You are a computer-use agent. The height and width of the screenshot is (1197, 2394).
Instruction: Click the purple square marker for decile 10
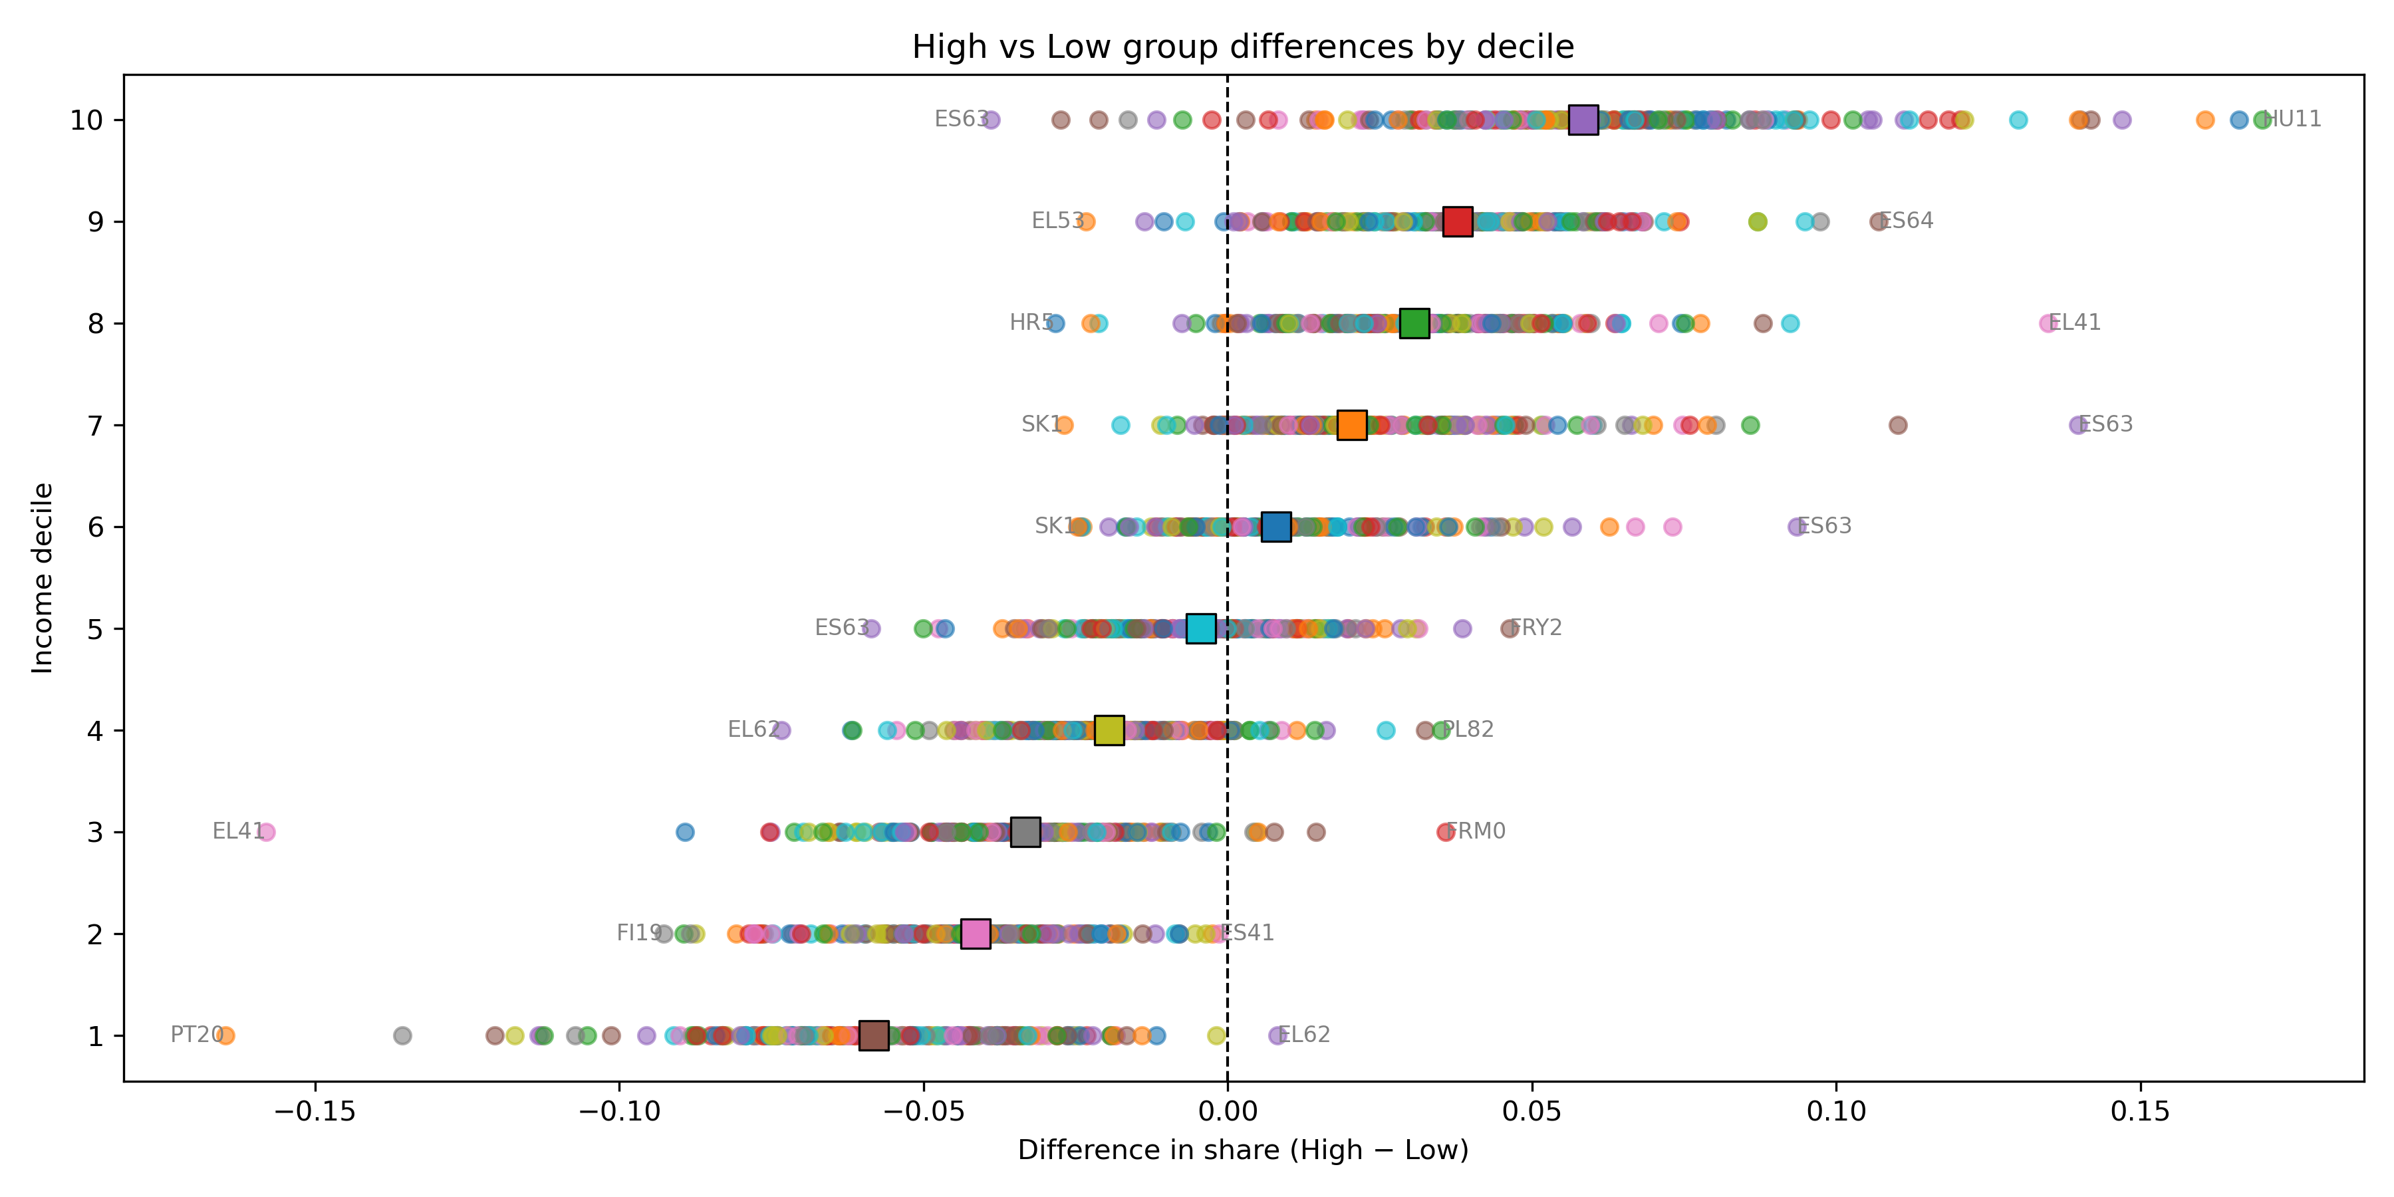1583,120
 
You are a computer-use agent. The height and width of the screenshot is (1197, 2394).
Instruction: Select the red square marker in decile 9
1457,221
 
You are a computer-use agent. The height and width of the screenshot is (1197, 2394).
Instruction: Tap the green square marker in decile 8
1414,323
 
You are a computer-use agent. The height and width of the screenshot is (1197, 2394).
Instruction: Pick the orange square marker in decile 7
1351,425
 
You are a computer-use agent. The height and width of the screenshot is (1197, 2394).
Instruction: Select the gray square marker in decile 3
1024,832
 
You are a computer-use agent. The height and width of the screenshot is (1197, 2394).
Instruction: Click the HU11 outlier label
2294,119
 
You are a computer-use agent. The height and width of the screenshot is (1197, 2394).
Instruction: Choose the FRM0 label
1478,831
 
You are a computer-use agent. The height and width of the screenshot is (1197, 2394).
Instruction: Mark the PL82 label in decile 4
1469,730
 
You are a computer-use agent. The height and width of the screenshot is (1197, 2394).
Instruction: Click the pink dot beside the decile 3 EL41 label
266,832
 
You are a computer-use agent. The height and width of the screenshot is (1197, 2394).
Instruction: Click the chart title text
1242,47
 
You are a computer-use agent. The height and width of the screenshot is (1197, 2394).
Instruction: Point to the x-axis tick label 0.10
1835,1111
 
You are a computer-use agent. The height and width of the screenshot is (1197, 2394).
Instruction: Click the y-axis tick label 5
95,629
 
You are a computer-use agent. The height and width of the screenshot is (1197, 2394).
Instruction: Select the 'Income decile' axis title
43,577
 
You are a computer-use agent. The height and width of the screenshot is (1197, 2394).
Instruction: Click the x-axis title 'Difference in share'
1242,1150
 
